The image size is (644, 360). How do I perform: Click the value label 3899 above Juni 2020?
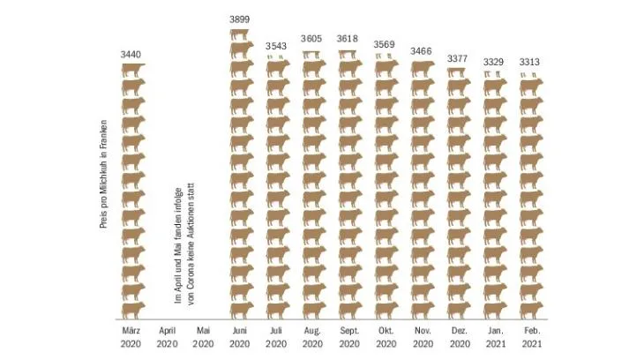[239, 19]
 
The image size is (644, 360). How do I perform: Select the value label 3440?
[131, 54]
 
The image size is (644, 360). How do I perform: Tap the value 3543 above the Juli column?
[276, 46]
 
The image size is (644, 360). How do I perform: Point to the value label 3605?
[311, 39]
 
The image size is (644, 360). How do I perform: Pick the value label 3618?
[348, 39]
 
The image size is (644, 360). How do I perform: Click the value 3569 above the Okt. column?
[384, 44]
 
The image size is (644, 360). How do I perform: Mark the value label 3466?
[421, 51]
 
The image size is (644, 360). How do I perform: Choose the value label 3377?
[458, 58]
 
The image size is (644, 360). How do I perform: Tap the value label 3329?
[493, 62]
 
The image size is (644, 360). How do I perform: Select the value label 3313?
[529, 62]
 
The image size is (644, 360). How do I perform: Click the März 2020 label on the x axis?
[131, 337]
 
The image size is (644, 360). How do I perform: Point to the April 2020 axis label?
[167, 337]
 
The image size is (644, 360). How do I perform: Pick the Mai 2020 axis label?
[203, 337]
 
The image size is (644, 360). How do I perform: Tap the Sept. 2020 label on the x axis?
[349, 337]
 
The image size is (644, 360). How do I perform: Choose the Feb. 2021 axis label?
[532, 337]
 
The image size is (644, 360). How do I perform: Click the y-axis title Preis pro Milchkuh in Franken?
[103, 174]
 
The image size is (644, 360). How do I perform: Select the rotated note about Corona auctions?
[184, 244]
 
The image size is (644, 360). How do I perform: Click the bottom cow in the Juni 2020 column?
[242, 311]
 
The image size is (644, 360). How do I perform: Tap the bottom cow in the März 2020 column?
[133, 311]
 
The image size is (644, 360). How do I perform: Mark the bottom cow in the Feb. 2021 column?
[531, 311]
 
